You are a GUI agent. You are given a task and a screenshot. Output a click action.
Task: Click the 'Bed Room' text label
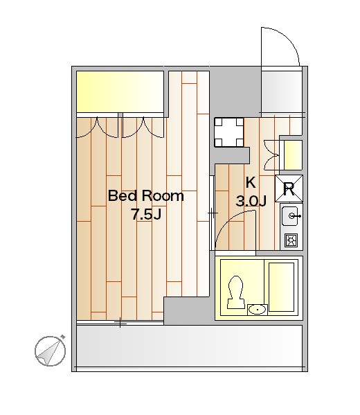pos(146,195)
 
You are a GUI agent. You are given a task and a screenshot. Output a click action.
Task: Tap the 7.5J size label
pos(146,214)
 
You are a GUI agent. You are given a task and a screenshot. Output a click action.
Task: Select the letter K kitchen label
pos(251,183)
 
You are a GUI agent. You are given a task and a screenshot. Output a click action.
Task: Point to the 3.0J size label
pos(251,201)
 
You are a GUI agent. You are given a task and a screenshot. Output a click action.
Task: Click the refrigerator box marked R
pos(289,188)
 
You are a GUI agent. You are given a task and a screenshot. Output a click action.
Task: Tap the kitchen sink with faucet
pos(291,216)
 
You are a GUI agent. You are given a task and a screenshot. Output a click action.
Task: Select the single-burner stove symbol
pos(291,240)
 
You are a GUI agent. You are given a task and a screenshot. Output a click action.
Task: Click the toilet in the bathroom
pos(235,292)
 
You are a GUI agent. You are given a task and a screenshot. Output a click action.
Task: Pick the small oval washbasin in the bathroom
pos(258,310)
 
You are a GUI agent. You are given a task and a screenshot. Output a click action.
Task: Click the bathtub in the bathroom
pos(282,287)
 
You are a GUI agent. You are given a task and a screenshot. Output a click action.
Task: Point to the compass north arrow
pos(50,351)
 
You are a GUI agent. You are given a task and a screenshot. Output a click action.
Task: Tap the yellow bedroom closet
pos(120,92)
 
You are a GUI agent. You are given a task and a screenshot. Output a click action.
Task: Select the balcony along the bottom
pos(190,346)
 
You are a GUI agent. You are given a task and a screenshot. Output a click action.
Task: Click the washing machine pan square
pos(229,132)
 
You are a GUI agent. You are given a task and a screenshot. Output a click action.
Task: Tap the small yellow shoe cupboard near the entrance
pos(293,155)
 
